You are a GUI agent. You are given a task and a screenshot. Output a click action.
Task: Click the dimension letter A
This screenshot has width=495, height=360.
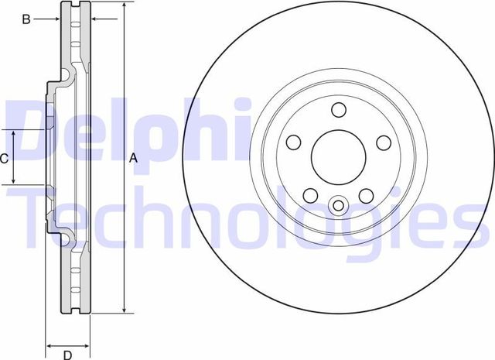coord(132,158)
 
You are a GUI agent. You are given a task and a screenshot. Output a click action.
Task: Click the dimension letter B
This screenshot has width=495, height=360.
coord(26,19)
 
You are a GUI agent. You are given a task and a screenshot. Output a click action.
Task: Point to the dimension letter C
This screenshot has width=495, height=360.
coord(4,158)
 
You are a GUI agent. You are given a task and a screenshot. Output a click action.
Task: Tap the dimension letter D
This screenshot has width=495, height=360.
coord(67,355)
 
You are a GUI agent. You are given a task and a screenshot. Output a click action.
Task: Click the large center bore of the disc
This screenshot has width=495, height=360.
coord(337,155)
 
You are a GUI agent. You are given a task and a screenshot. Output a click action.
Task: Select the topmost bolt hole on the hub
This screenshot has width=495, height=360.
coord(338,110)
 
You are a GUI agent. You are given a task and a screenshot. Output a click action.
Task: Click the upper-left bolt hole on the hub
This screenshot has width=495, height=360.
coord(294,142)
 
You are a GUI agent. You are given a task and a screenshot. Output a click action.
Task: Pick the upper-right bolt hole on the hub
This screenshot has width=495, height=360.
coord(382,142)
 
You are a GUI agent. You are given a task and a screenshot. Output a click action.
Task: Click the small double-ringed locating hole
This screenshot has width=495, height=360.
coord(338,205)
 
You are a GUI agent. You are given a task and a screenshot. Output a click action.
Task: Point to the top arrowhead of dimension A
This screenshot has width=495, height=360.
coord(124,5)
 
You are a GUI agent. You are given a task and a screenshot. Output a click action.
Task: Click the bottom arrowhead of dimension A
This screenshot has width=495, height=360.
coord(124,310)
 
